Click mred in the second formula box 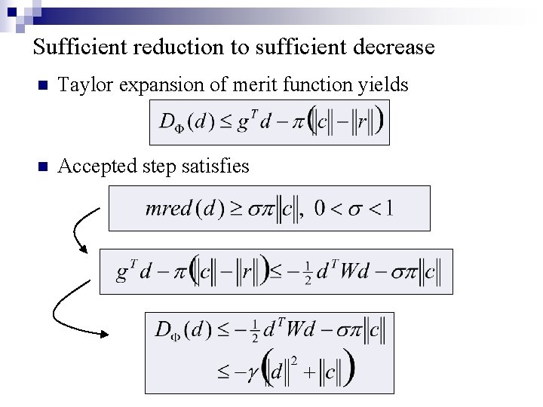(168, 209)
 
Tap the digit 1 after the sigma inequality (388, 209)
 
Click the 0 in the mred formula (321, 209)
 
